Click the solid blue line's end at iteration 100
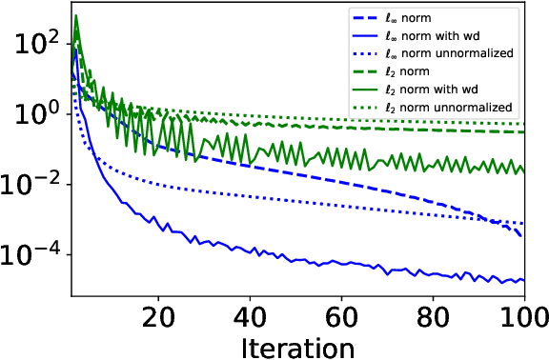pos(524,280)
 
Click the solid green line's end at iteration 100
pos(524,170)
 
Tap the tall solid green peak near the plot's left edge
pos(76,16)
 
